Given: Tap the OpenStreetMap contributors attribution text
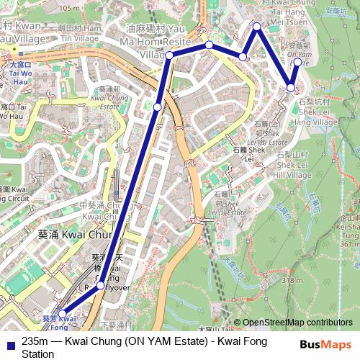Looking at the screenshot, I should (x=297, y=323).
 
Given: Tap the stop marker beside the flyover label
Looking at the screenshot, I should (x=100, y=286).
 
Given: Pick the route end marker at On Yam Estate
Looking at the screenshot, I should (x=297, y=62).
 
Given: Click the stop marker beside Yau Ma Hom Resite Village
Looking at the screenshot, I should (x=169, y=55).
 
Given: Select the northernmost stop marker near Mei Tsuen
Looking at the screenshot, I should (x=256, y=27).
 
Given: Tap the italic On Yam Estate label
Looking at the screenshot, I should (x=300, y=53).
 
